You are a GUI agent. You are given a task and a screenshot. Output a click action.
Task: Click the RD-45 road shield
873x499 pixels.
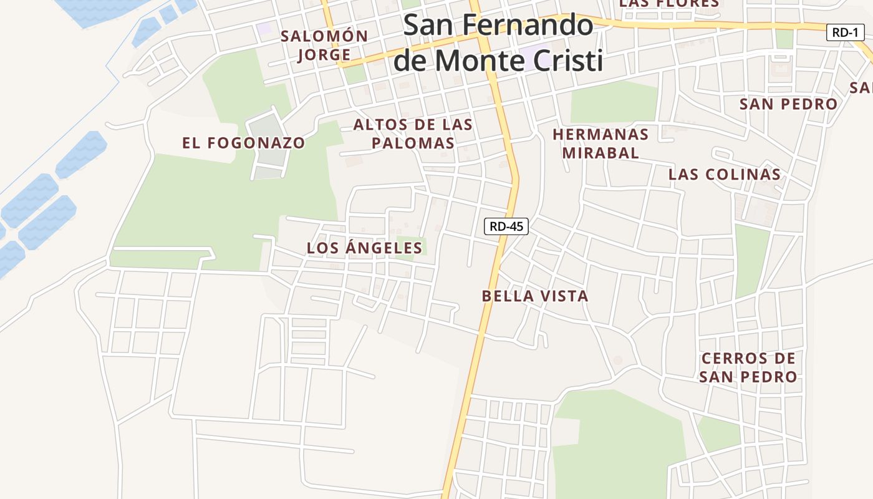pyautogui.click(x=506, y=226)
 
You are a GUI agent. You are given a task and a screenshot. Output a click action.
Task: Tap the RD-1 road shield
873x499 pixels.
pyautogui.click(x=845, y=32)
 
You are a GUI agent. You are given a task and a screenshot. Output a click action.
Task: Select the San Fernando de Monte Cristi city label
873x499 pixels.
pyautogui.click(x=498, y=42)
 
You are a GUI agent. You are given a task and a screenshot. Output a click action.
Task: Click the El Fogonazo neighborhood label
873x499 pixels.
pyautogui.click(x=244, y=143)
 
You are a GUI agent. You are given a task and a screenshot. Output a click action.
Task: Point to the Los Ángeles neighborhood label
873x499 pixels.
pyautogui.click(x=364, y=248)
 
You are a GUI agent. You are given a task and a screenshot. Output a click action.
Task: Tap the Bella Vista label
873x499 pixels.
pyautogui.click(x=535, y=296)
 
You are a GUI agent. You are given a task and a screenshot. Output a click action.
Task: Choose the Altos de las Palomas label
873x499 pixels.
pyautogui.click(x=413, y=133)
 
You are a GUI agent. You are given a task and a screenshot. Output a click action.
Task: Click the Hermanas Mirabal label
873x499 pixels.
pyautogui.click(x=600, y=143)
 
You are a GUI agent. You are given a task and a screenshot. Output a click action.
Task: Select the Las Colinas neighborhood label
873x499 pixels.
pyautogui.click(x=725, y=175)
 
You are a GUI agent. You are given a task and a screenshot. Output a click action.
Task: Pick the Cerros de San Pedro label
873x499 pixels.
pyautogui.click(x=748, y=367)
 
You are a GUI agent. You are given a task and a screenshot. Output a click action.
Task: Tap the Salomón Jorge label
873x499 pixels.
pyautogui.click(x=324, y=45)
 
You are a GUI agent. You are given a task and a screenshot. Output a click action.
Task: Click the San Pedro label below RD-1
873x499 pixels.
pyautogui.click(x=788, y=104)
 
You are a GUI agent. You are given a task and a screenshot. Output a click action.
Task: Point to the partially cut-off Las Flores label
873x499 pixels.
pyautogui.click(x=670, y=4)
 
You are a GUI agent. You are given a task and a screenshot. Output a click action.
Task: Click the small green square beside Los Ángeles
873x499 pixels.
pyautogui.click(x=412, y=248)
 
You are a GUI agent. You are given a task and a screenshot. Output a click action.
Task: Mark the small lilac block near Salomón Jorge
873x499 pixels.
pyautogui.click(x=266, y=29)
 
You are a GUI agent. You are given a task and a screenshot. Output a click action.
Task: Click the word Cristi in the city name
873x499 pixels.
pyautogui.click(x=570, y=61)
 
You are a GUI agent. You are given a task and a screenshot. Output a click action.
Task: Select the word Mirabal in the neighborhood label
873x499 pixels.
pyautogui.click(x=600, y=153)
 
